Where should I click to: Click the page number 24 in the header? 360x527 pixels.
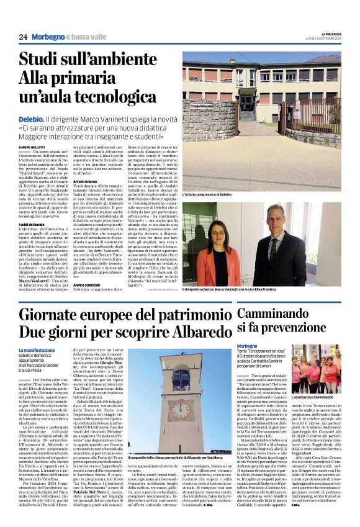pyautogui.click(x=23, y=37)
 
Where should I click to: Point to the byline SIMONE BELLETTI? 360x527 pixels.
pyautogui.click(x=32, y=146)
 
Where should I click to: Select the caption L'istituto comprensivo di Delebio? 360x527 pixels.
pyautogui.click(x=211, y=195)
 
